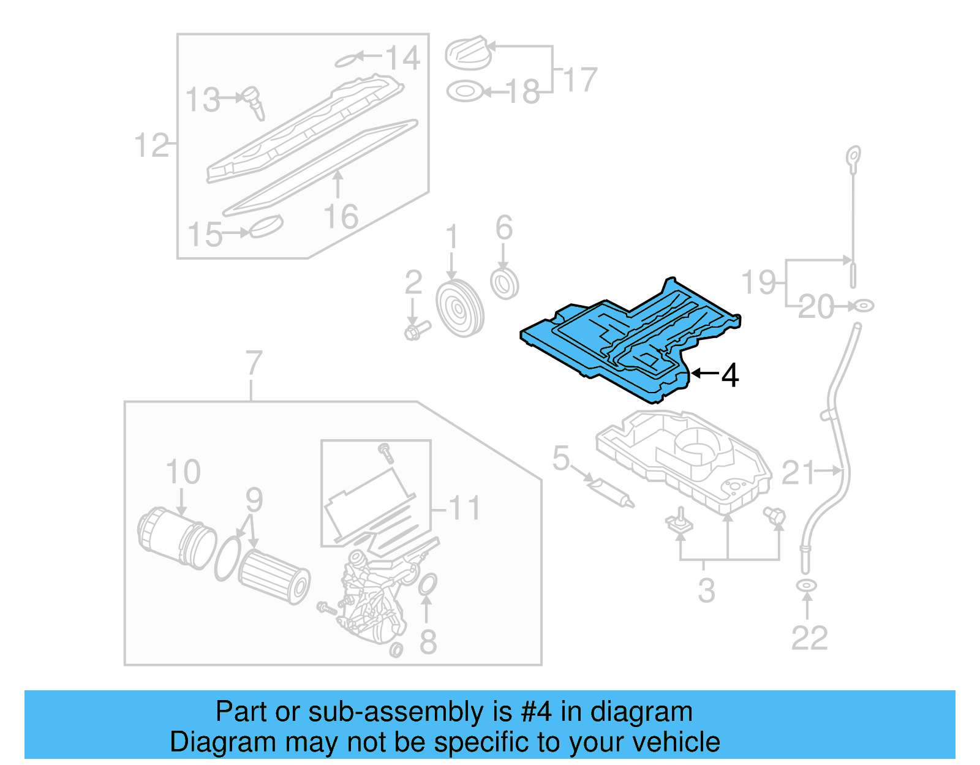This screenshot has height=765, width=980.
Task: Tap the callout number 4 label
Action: [729, 375]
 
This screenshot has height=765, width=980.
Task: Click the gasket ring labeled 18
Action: [464, 92]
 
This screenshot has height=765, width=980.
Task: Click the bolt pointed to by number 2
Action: [415, 331]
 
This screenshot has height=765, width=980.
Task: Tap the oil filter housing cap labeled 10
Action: [176, 537]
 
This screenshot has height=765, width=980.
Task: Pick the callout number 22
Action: [809, 638]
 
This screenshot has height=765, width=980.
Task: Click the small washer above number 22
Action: [807, 586]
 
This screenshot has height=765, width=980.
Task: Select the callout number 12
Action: [151, 145]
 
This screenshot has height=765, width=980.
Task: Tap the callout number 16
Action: [341, 217]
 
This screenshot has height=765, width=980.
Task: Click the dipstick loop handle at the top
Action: [853, 157]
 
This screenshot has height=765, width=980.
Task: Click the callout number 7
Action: [253, 364]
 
